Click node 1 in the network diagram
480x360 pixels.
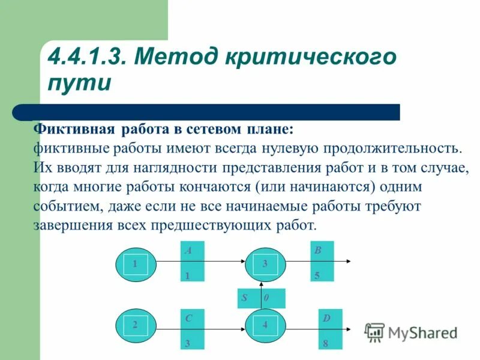click(136, 263)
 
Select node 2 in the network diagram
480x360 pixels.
click(136, 325)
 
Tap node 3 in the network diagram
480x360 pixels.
click(265, 263)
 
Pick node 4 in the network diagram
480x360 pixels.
click(265, 325)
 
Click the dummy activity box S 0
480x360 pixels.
click(261, 298)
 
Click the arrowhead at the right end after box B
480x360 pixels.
click(350, 262)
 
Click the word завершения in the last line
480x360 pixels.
click(73, 226)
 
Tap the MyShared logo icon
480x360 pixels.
click(375, 332)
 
